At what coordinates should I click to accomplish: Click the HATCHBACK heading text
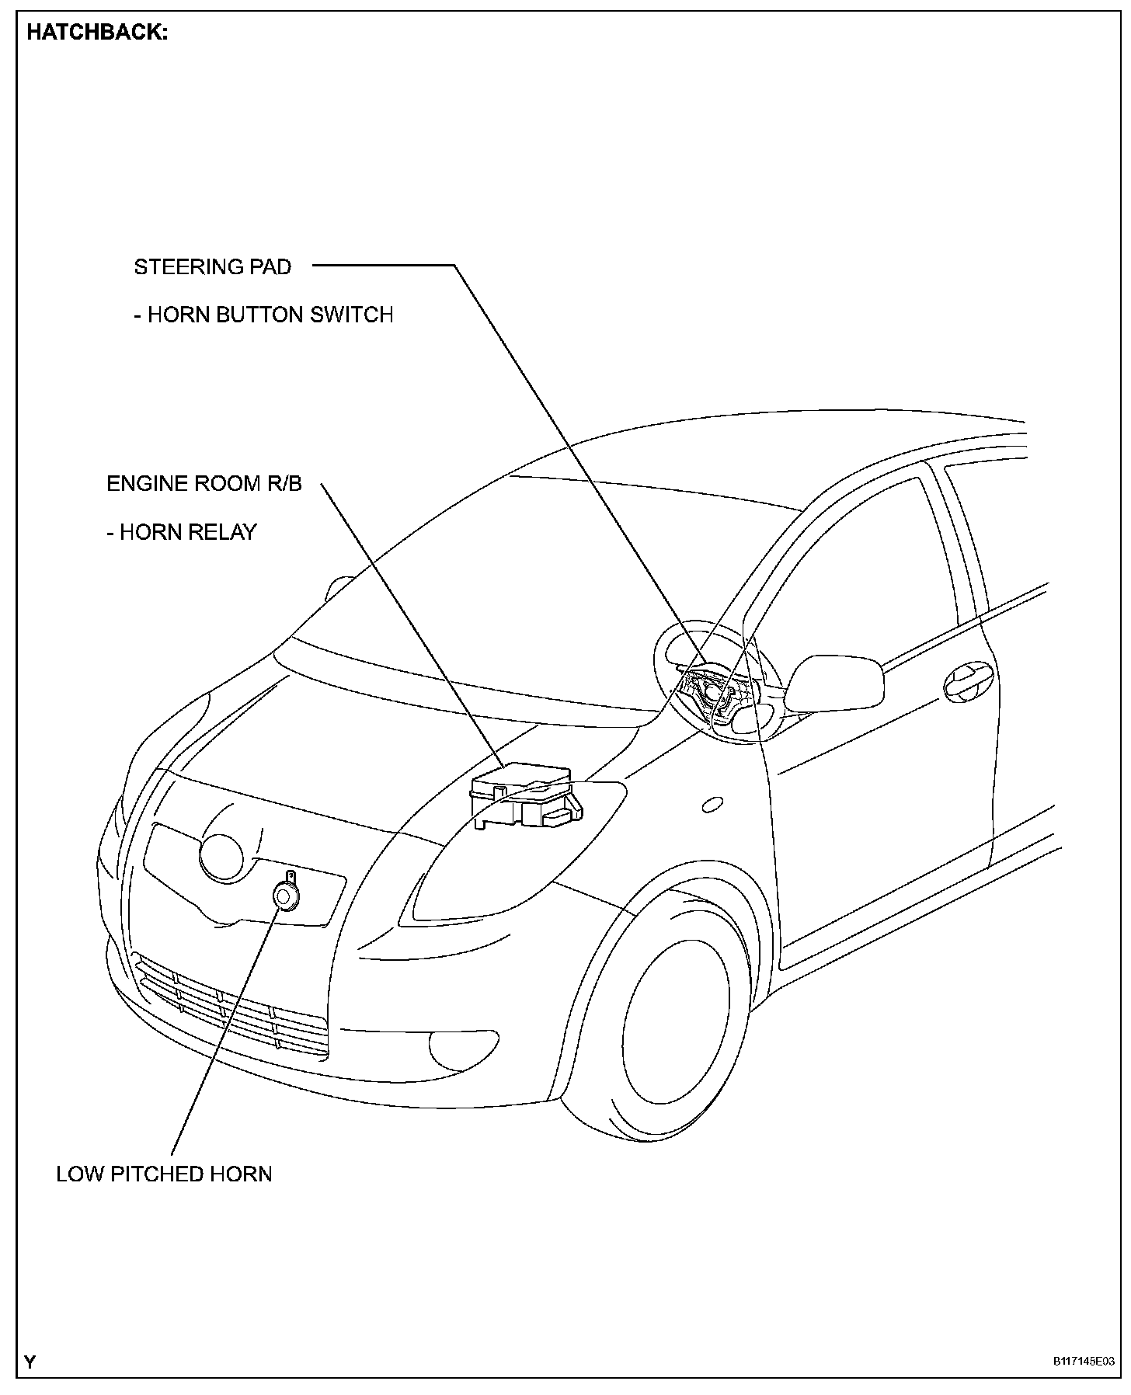pyautogui.click(x=97, y=34)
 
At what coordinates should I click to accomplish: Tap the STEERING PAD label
pyautogui.click(x=212, y=267)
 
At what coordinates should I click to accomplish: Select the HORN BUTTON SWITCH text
pyautogui.click(x=263, y=315)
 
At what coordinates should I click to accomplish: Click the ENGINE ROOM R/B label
pyautogui.click(x=204, y=484)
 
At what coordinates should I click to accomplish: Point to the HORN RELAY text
pyautogui.click(x=182, y=532)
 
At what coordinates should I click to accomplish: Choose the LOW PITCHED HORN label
pyautogui.click(x=164, y=1174)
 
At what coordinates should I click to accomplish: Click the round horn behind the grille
pyautogui.click(x=286, y=896)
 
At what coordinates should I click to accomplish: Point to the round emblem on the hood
pyautogui.click(x=221, y=857)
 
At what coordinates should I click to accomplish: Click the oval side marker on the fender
pyautogui.click(x=712, y=805)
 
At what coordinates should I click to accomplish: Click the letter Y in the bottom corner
pyautogui.click(x=30, y=1362)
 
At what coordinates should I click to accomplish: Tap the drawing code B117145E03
pyautogui.click(x=1084, y=1362)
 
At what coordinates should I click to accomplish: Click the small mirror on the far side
pyautogui.click(x=339, y=588)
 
